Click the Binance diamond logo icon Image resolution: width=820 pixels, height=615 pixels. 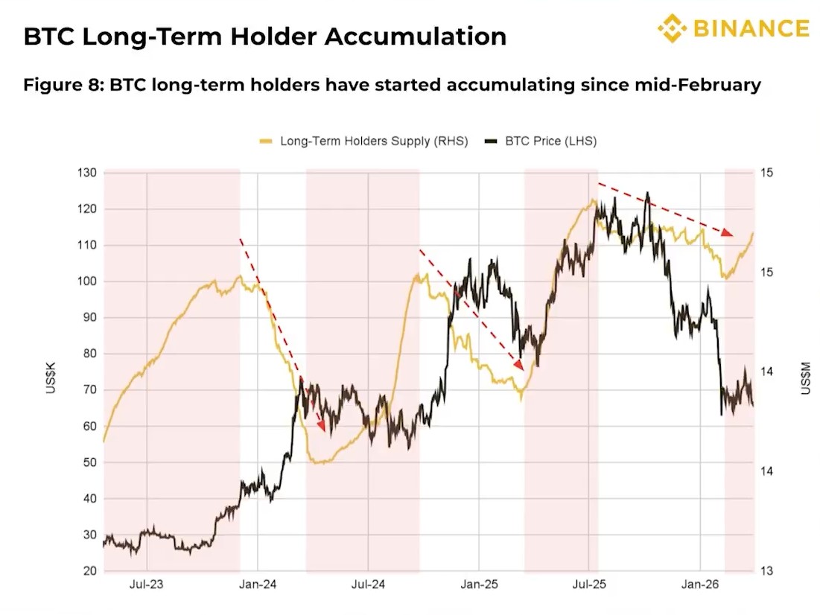[x=672, y=28]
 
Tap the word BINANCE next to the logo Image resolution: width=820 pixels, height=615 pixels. [x=751, y=28]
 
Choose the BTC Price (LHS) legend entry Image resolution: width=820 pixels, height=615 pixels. [x=541, y=141]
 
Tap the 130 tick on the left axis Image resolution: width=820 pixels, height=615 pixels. [x=88, y=173]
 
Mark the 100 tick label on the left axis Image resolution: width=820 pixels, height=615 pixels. [x=88, y=281]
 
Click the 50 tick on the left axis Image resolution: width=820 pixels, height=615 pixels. [x=90, y=462]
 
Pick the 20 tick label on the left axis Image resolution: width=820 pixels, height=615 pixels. [x=90, y=571]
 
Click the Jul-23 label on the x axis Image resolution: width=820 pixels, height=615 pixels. [x=147, y=585]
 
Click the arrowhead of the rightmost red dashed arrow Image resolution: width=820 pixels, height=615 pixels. [x=728, y=234]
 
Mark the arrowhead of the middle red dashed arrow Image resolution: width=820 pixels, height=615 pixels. [x=519, y=365]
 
